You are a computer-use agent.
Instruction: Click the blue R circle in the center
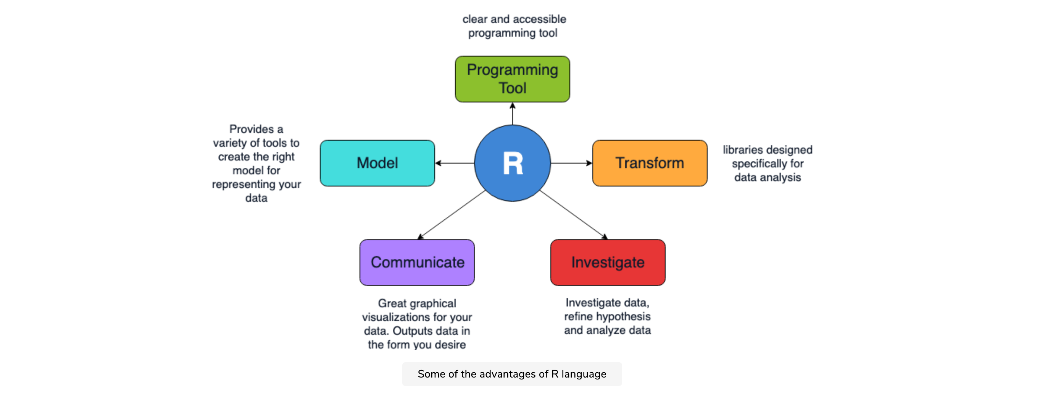[512, 163]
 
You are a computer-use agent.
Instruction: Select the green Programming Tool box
[512, 79]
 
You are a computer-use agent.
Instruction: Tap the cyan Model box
[377, 163]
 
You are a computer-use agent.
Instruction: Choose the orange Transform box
[650, 163]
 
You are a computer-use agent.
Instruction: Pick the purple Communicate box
[417, 262]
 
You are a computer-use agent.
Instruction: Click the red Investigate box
[608, 262]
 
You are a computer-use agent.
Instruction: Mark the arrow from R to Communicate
[452, 214]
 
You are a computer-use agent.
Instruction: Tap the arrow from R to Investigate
[573, 214]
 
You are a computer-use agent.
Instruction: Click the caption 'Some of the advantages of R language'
[512, 374]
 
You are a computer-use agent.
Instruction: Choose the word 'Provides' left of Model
[251, 129]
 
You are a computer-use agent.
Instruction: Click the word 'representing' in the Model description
[241, 184]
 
